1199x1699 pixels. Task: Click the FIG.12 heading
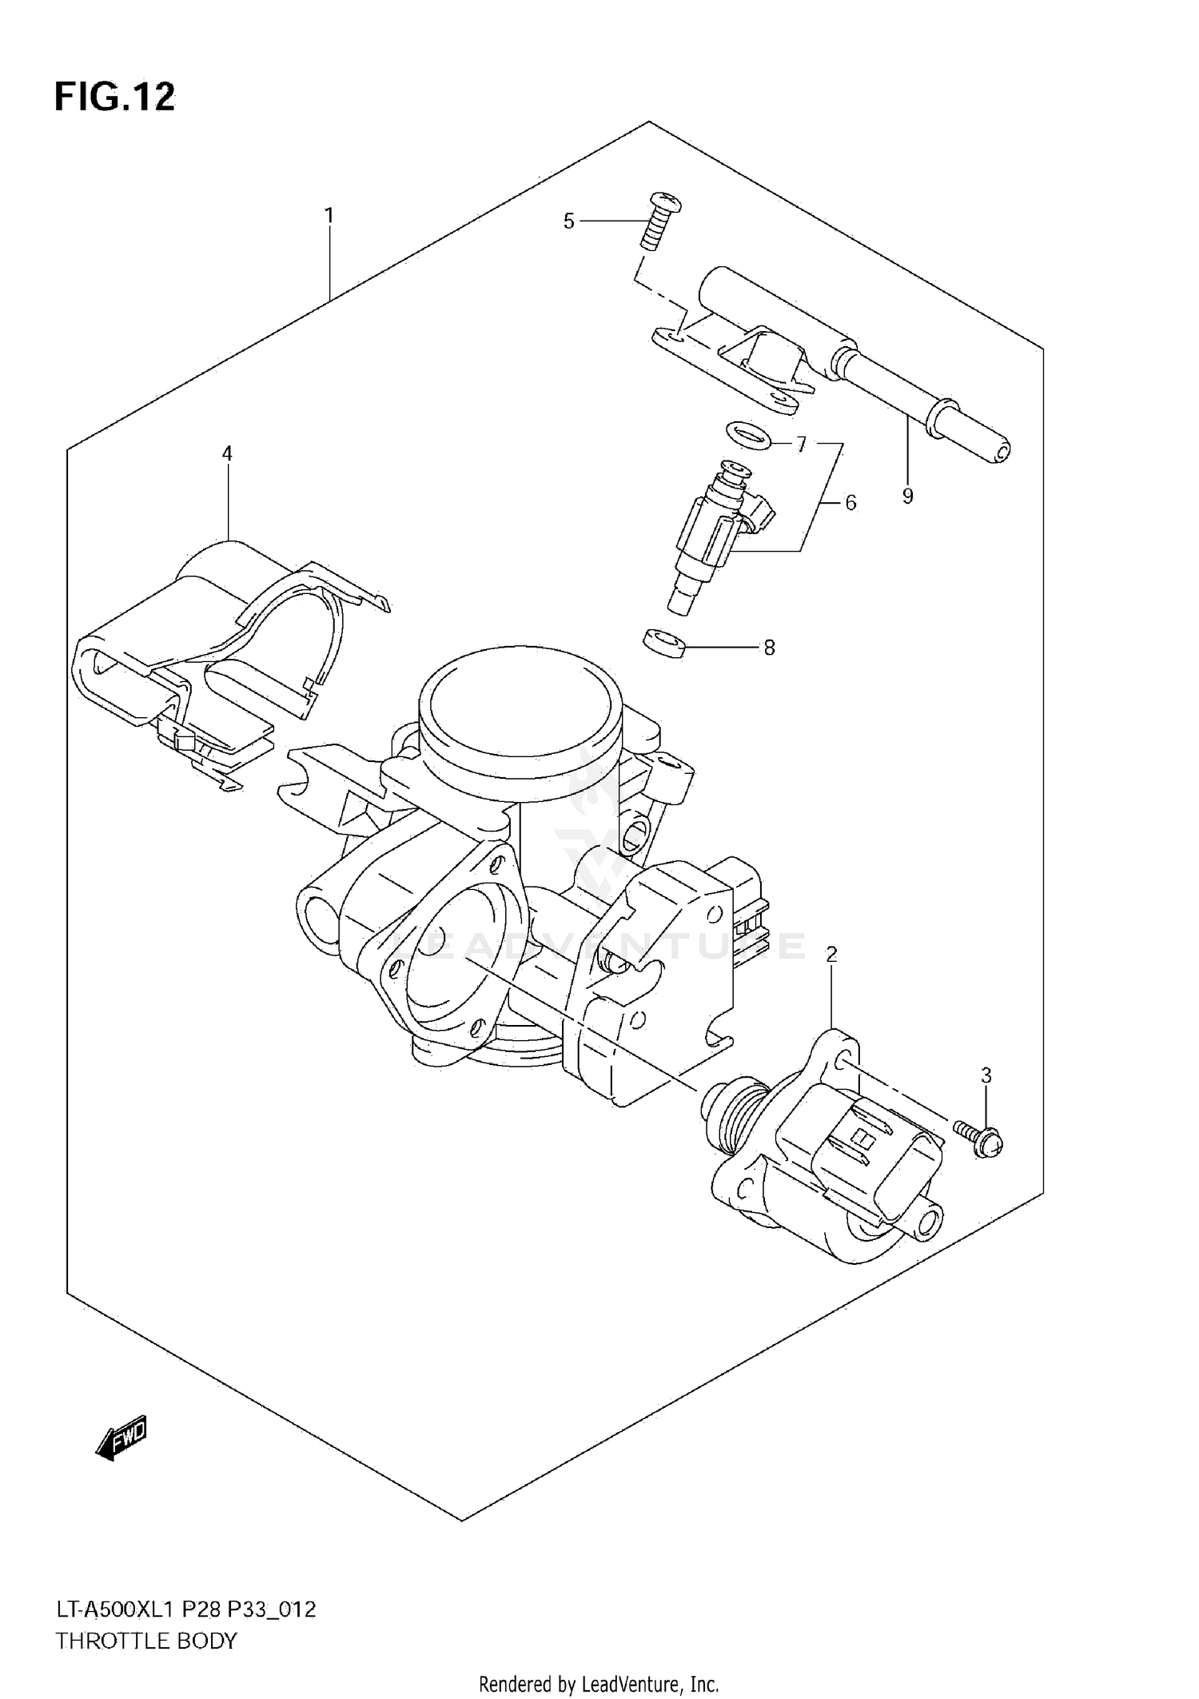click(x=114, y=98)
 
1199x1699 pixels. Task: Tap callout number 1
click(x=329, y=215)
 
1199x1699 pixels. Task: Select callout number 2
click(x=831, y=954)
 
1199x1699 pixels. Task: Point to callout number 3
click(x=986, y=1075)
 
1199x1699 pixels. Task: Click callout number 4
click(x=227, y=453)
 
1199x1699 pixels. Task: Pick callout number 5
click(x=568, y=221)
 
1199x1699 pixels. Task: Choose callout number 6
click(x=850, y=502)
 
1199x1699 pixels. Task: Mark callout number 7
click(x=801, y=445)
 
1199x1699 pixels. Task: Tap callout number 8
click(x=769, y=648)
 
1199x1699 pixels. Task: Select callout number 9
click(x=907, y=496)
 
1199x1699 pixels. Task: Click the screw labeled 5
click(x=661, y=221)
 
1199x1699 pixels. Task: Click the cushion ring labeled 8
click(x=664, y=643)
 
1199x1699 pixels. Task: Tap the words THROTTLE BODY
click(x=146, y=1641)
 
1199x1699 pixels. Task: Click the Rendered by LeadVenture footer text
click(x=599, y=1685)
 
